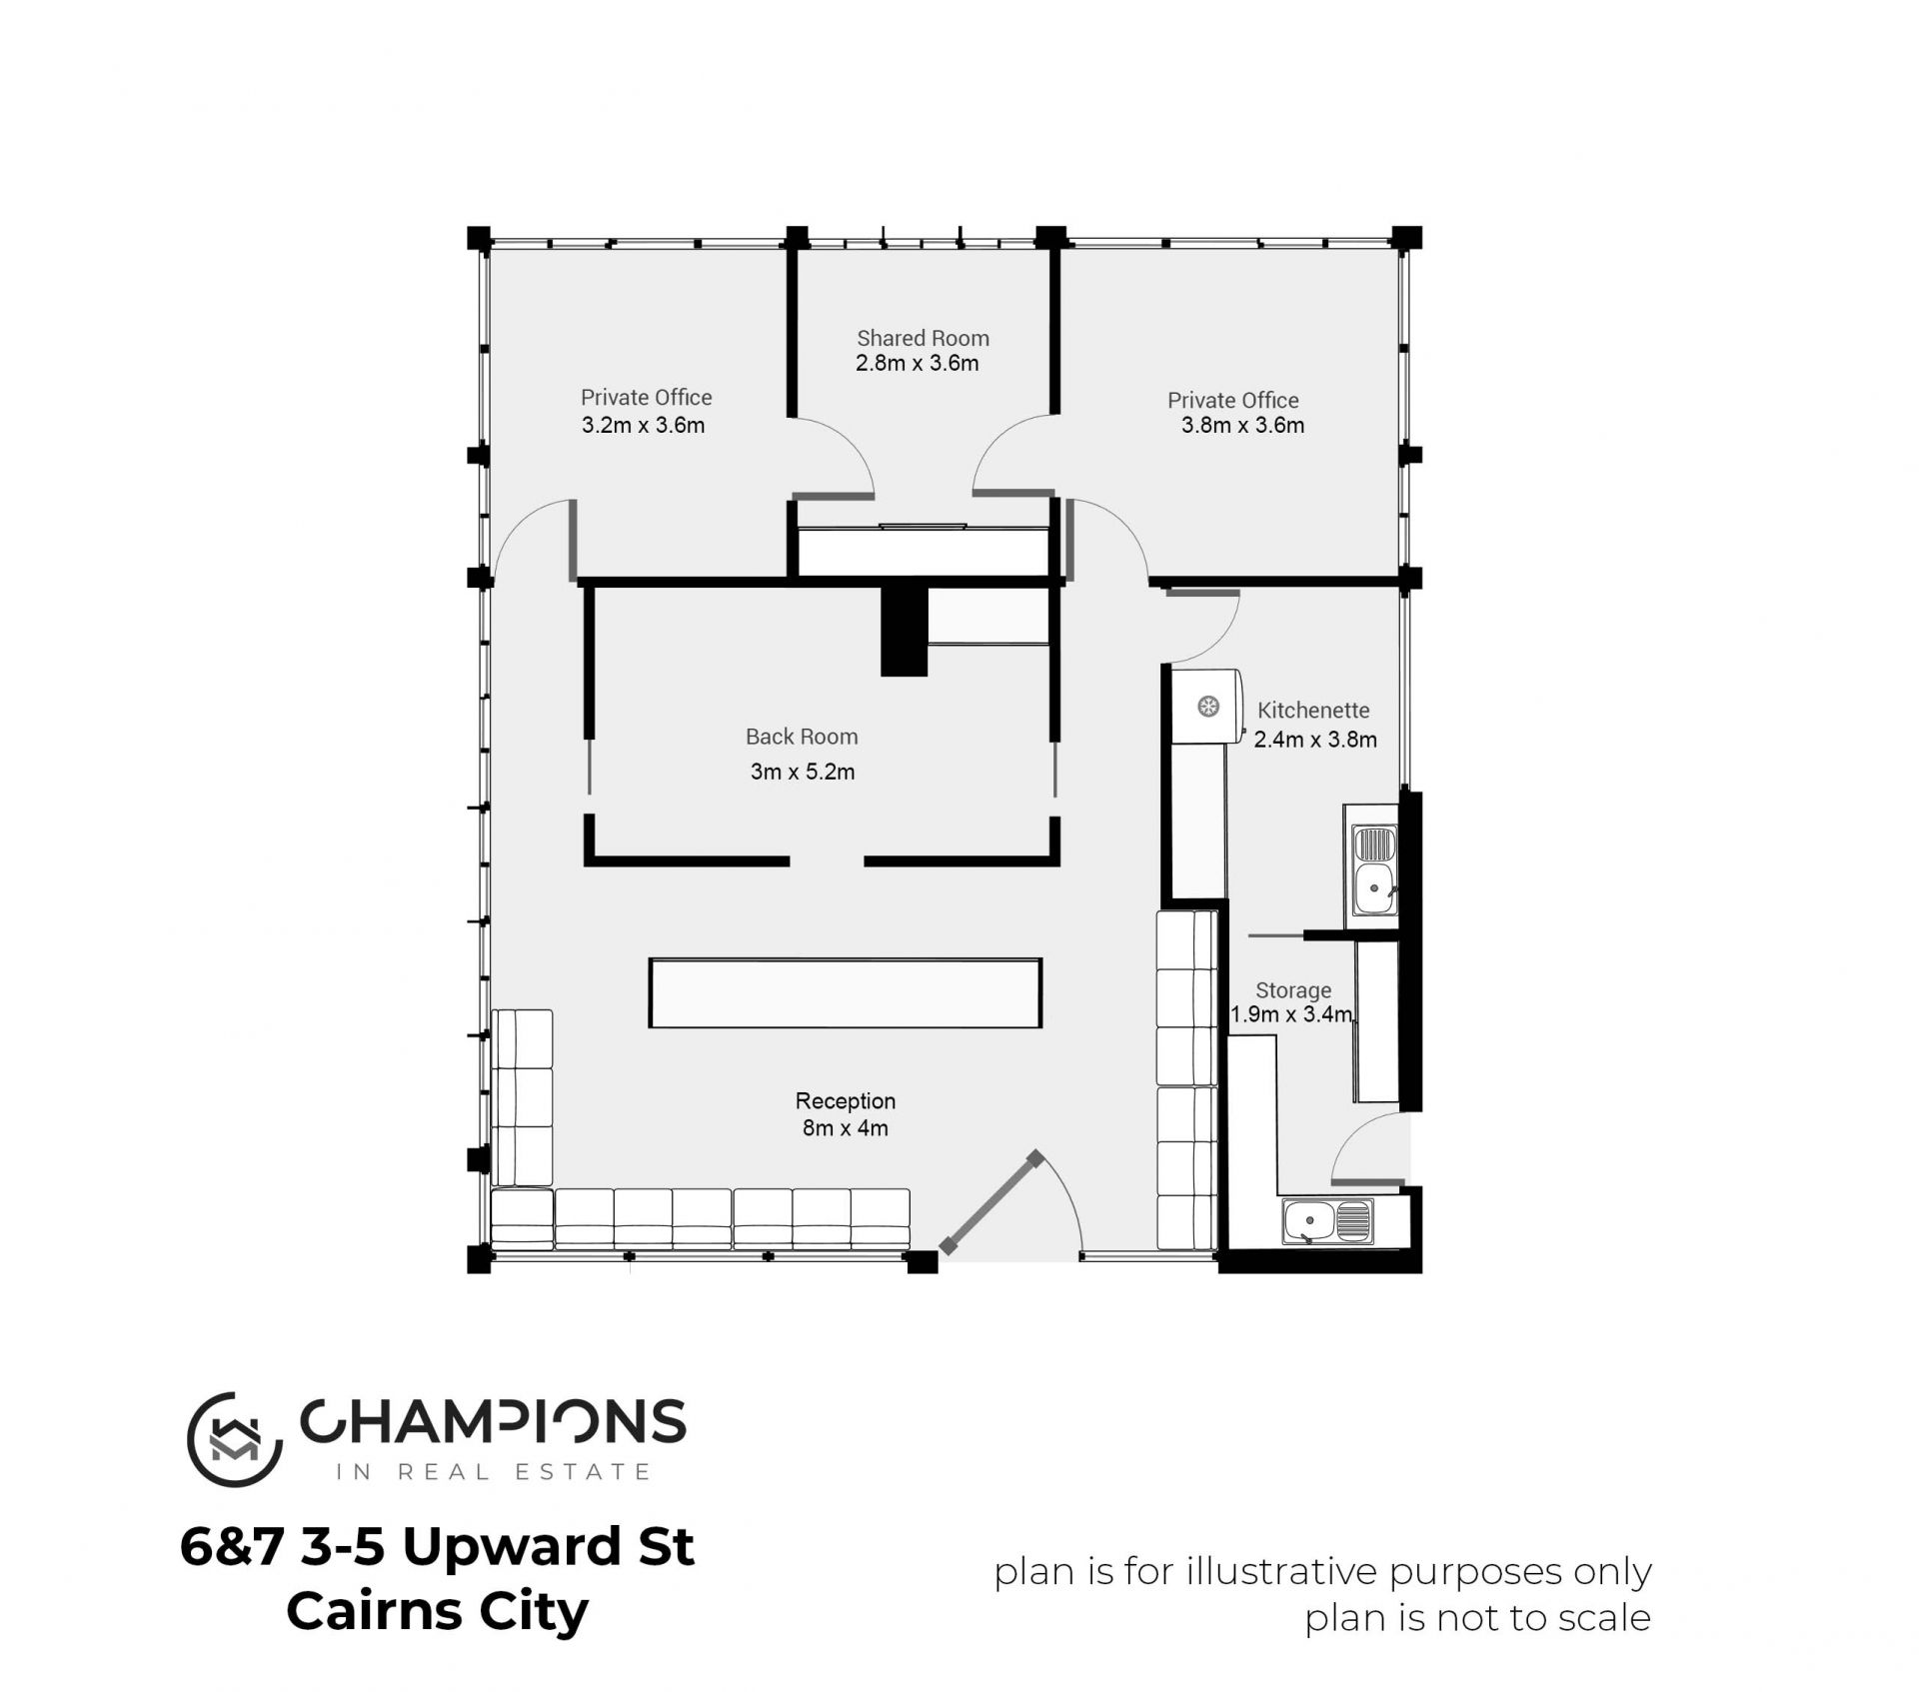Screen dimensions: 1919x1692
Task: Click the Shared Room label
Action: (x=923, y=338)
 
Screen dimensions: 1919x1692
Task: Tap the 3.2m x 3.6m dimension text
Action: (x=643, y=425)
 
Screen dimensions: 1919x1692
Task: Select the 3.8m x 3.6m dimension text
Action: (x=1242, y=425)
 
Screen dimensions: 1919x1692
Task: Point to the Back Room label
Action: (x=802, y=737)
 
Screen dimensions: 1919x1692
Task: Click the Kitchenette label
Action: (x=1313, y=711)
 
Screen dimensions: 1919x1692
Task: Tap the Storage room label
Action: (x=1293, y=990)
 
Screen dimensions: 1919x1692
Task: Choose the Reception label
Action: (x=846, y=1101)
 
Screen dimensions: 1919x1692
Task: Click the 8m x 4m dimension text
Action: (x=846, y=1128)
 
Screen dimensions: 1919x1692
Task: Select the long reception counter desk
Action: (x=846, y=992)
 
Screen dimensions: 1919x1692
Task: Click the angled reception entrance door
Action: (x=990, y=1203)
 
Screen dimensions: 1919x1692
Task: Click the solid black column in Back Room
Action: (x=905, y=631)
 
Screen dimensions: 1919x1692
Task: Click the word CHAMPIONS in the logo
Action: (x=494, y=1420)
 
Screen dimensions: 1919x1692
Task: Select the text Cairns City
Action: (x=438, y=1610)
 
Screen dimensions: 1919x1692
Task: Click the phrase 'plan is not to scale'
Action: (x=1477, y=1618)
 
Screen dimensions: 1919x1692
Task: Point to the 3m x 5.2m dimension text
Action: (x=803, y=772)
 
